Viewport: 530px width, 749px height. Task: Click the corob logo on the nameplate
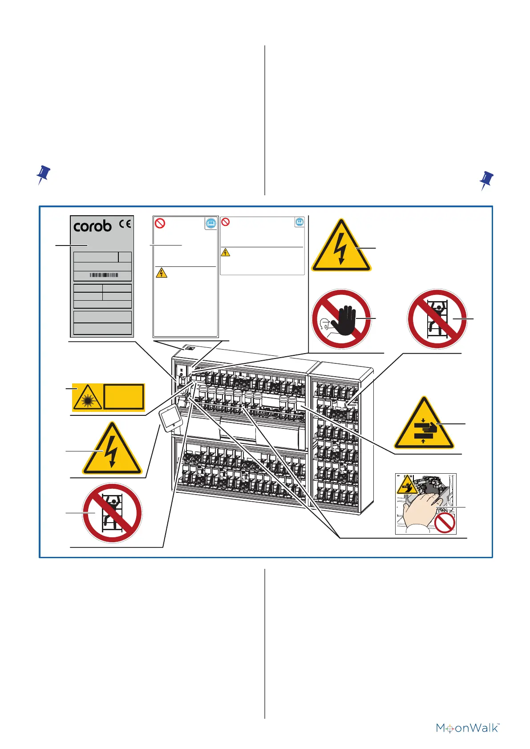93,226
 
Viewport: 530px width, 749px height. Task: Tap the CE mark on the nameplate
125,224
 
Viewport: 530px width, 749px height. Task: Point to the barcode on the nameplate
104,275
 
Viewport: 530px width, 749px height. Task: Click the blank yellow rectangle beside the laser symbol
124,397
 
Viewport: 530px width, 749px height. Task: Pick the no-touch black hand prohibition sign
341,319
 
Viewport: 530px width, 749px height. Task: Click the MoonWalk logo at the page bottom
468,728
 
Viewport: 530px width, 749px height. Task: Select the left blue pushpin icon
43,175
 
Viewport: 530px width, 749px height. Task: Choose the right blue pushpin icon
486,180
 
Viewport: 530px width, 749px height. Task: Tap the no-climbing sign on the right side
437,319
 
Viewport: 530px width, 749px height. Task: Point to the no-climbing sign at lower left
112,513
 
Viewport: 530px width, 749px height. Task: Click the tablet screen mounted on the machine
170,419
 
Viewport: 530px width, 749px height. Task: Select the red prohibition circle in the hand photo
445,523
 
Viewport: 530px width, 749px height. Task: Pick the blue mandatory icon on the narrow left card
211,223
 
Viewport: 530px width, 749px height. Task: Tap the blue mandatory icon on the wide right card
299,221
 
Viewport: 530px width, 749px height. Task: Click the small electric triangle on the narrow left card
162,272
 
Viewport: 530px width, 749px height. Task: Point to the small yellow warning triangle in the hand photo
407,485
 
